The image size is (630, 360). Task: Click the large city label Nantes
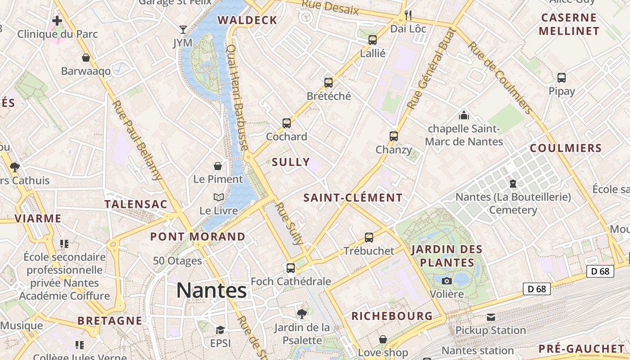point(211,290)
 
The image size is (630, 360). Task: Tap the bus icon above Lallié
point(373,40)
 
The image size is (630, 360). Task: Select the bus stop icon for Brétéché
point(328,82)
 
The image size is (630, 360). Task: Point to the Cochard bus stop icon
point(287,123)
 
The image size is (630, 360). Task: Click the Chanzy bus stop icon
point(394,136)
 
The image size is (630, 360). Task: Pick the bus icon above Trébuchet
point(369,237)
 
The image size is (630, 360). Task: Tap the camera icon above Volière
point(447,281)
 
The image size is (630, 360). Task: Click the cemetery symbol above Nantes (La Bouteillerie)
point(513,184)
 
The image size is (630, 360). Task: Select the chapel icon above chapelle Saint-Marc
point(464,115)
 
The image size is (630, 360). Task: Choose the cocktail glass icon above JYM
point(183,30)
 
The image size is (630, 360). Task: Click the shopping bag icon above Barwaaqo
point(86,58)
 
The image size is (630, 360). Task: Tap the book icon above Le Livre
point(218,197)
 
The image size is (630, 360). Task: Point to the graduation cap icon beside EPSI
point(220,330)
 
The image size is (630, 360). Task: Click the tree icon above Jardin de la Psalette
point(302,314)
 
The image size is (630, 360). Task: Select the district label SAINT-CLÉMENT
point(353,198)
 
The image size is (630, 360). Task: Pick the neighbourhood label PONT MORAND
point(198,236)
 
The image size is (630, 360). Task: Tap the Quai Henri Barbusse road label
point(237,97)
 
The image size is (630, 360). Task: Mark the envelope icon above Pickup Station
point(490,317)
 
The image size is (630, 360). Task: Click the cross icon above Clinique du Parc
point(57,20)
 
